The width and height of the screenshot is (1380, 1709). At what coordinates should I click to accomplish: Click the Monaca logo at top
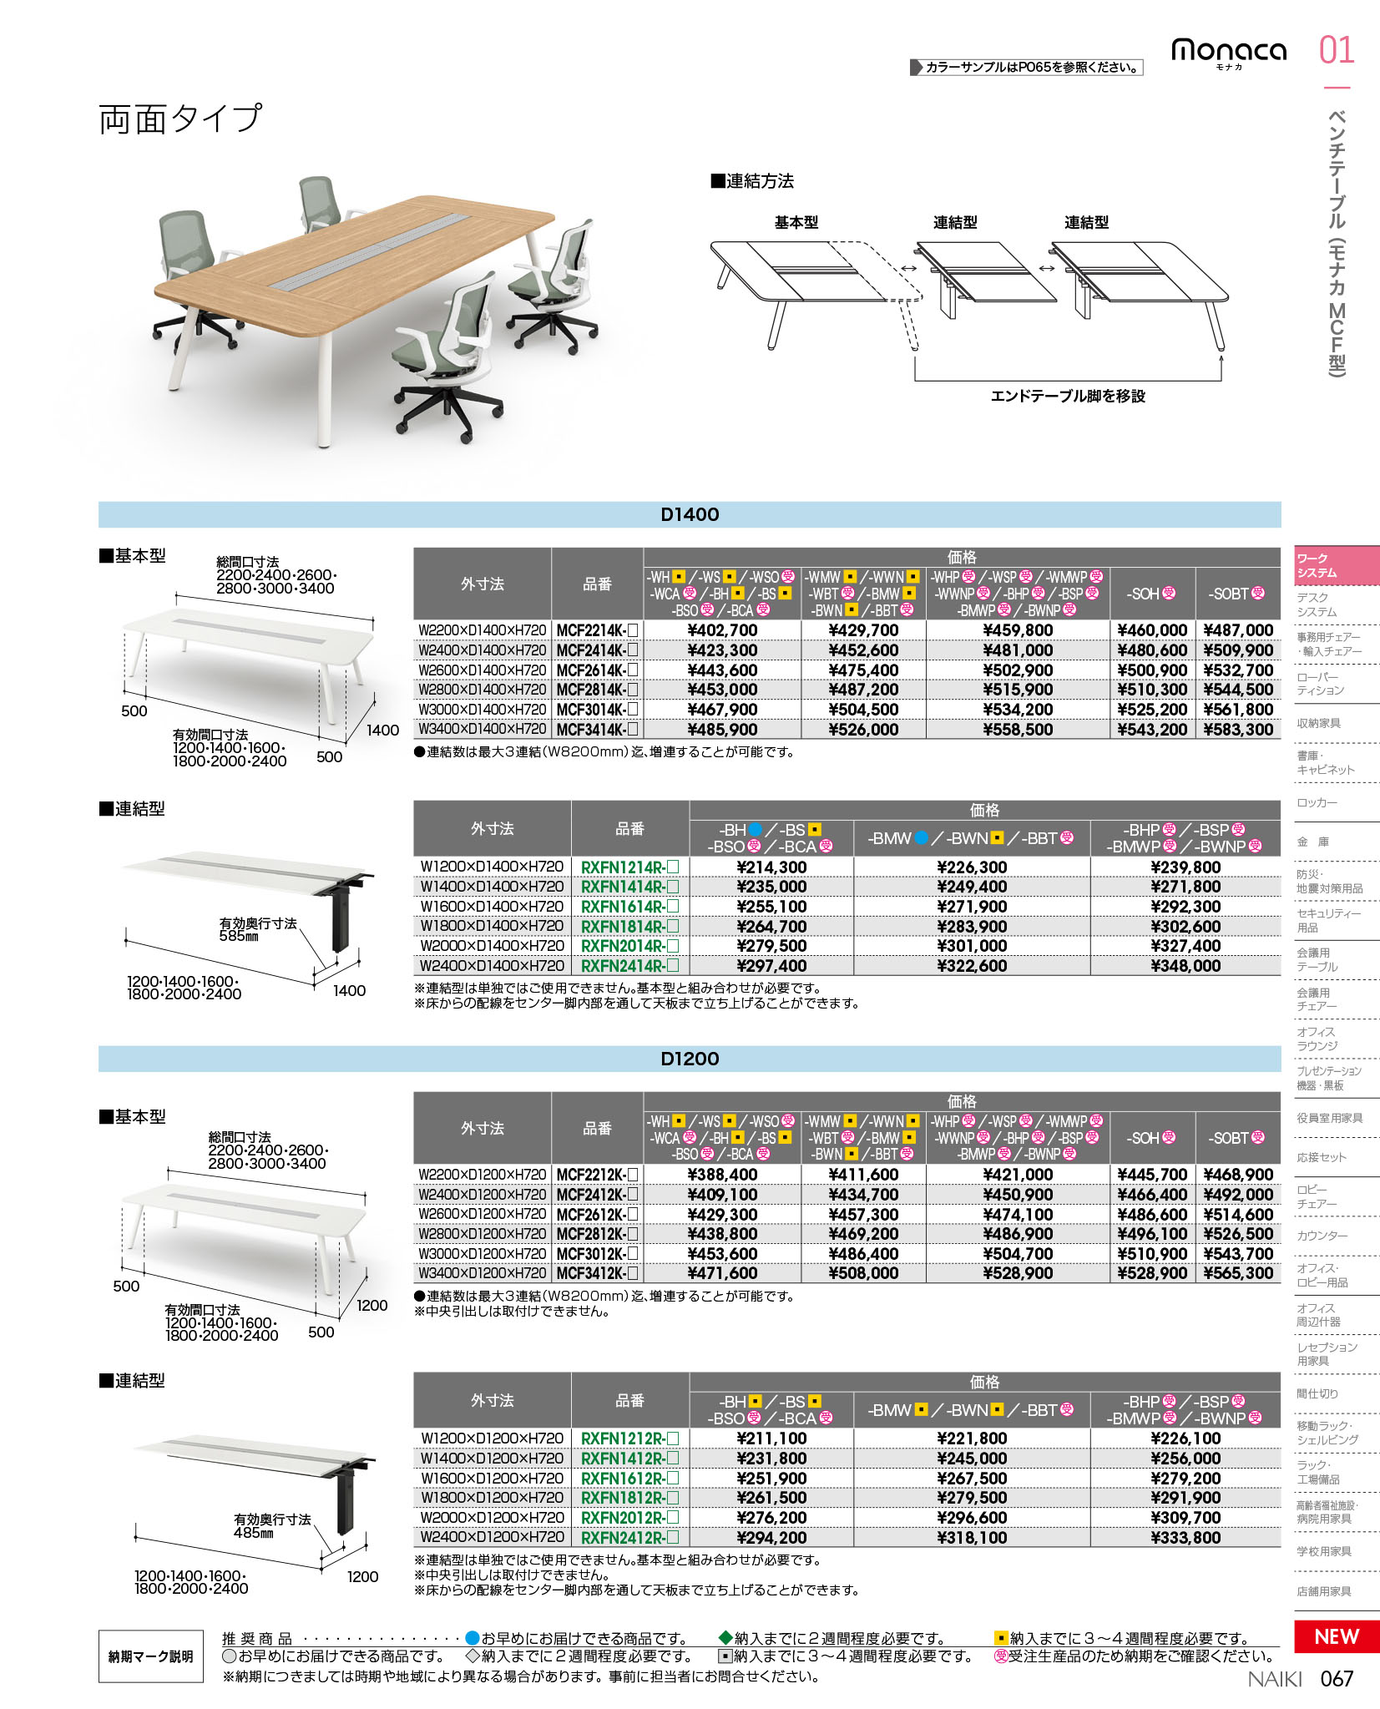(1228, 52)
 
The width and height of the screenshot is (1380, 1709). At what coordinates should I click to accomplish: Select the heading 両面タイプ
(180, 119)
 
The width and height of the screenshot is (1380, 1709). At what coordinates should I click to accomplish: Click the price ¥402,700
(722, 630)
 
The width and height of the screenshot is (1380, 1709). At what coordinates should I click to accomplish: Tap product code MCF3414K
(597, 730)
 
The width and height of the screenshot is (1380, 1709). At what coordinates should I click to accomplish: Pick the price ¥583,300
(1238, 730)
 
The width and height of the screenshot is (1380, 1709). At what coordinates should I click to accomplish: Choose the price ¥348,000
(1185, 966)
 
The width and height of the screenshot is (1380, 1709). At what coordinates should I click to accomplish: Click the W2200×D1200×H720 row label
(483, 1175)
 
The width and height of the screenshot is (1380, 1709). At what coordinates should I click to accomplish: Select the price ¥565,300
(1238, 1273)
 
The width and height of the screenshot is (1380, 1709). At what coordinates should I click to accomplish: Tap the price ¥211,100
(771, 1438)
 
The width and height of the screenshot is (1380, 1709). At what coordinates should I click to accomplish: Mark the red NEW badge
(1336, 1636)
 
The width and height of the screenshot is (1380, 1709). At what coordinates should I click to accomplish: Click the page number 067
(1337, 1679)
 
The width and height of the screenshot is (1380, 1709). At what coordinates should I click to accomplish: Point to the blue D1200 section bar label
(690, 1059)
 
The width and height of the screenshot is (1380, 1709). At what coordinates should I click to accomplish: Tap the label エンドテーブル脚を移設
(1068, 396)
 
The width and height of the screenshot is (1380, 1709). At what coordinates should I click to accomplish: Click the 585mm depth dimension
(239, 937)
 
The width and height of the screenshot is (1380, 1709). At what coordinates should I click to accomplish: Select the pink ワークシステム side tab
(1336, 565)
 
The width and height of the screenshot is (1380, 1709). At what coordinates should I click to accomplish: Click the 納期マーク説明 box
(150, 1656)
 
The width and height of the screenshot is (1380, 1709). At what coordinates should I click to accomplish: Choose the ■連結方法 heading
(752, 181)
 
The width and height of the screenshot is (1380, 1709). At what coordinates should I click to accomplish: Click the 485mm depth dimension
(254, 1533)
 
